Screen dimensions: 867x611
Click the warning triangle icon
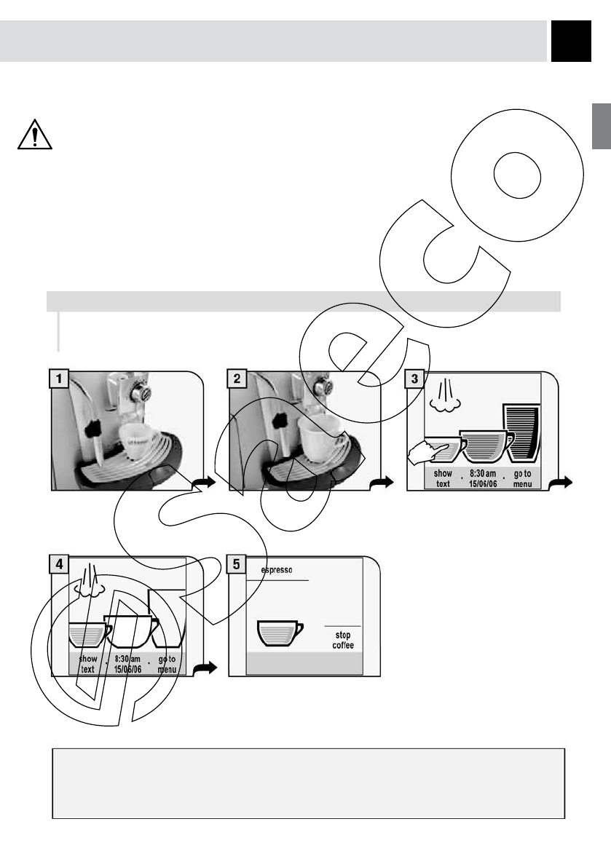coord(35,134)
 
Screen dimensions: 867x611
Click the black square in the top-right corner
coord(570,41)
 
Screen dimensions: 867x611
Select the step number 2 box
coord(237,379)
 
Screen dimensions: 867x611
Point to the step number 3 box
coord(415,379)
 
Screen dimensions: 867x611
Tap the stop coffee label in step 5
coord(343,641)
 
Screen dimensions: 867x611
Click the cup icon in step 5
coord(280,633)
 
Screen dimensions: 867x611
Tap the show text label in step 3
coord(443,478)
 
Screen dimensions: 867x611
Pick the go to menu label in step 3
coord(522,478)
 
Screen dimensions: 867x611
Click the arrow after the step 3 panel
coord(562,482)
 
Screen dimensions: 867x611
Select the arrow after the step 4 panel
coord(206,668)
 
